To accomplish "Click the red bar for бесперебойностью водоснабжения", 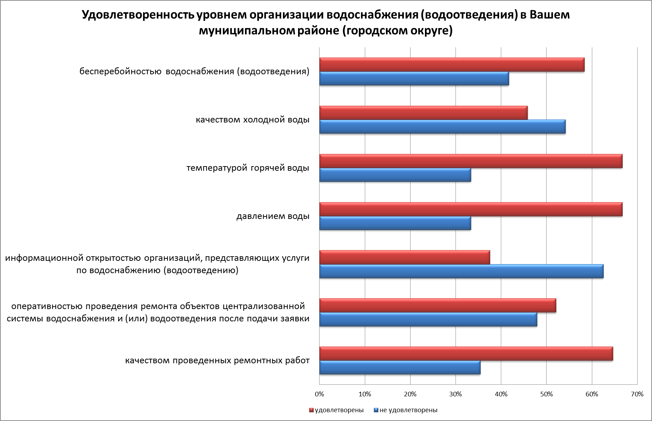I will tap(452, 65).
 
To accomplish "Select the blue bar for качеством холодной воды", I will tap(442, 127).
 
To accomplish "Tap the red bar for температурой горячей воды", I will tap(471, 161).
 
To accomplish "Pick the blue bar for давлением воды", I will tap(395, 223).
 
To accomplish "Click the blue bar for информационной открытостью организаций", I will tap(461, 271).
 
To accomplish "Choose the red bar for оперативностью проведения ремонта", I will tap(438, 306).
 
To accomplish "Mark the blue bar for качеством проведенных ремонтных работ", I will tap(400, 368).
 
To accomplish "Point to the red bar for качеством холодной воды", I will tap(423, 113).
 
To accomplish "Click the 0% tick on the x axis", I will tap(319, 394).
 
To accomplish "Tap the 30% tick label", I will tap(456, 394).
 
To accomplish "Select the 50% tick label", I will tap(546, 394).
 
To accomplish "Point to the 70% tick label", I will tap(637, 394).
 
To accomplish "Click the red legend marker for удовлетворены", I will tap(311, 410).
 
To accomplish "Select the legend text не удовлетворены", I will tap(408, 410).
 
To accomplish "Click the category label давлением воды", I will tap(273, 216).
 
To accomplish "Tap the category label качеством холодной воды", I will tap(252, 120).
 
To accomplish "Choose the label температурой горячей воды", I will tap(248, 168).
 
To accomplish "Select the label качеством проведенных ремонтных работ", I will tap(218, 361).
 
